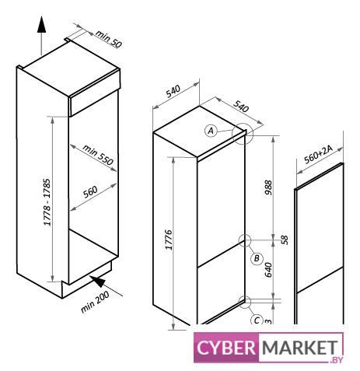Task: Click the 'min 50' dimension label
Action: point(109,39)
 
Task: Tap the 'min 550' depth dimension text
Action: point(98,155)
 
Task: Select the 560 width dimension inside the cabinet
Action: point(90,191)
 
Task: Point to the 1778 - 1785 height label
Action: point(47,202)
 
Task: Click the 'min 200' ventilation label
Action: point(95,301)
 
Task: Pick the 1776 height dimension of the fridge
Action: point(169,240)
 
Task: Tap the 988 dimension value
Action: point(268,187)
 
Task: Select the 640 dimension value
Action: point(268,270)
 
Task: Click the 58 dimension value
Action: point(285,240)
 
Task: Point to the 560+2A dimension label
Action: point(318,154)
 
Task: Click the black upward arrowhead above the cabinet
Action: point(41,24)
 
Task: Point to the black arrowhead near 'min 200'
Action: point(97,281)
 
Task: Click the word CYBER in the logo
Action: point(226,348)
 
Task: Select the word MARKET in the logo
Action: point(300,348)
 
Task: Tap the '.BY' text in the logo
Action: point(337,360)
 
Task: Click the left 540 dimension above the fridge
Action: point(173,91)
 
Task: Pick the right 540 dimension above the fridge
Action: point(241,106)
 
